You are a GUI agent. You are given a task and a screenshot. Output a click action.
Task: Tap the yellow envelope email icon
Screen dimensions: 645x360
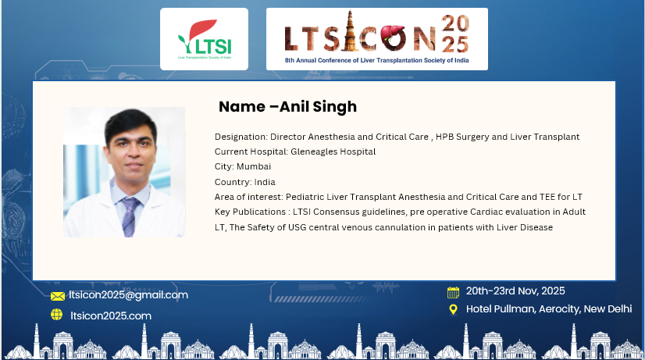pyautogui.click(x=58, y=296)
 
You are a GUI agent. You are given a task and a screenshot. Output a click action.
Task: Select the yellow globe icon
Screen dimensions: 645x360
pyautogui.click(x=57, y=315)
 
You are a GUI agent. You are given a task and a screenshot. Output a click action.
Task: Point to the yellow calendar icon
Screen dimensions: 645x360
pyautogui.click(x=453, y=292)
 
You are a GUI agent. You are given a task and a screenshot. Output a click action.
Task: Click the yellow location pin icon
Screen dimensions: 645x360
pyautogui.click(x=453, y=309)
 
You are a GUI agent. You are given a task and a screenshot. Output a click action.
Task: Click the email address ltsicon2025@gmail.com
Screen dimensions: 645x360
pyautogui.click(x=128, y=295)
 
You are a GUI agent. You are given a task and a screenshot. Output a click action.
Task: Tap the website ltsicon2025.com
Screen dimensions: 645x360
pyautogui.click(x=111, y=315)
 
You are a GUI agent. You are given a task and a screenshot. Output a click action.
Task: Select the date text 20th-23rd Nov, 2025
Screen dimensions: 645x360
pyautogui.click(x=515, y=290)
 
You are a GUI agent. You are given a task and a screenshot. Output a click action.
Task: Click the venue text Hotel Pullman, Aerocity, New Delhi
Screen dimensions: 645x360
pyautogui.click(x=549, y=309)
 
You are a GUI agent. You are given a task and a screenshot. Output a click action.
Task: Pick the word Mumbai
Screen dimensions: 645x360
pyautogui.click(x=254, y=166)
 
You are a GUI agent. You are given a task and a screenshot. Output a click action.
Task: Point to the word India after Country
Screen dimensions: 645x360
pyautogui.click(x=265, y=182)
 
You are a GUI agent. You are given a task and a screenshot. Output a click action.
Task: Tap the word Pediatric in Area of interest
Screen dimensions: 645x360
pyautogui.click(x=305, y=197)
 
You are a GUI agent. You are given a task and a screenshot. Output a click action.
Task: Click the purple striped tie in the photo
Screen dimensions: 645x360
pyautogui.click(x=130, y=216)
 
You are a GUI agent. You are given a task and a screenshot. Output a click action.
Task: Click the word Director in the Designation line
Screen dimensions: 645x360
pyautogui.click(x=287, y=137)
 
